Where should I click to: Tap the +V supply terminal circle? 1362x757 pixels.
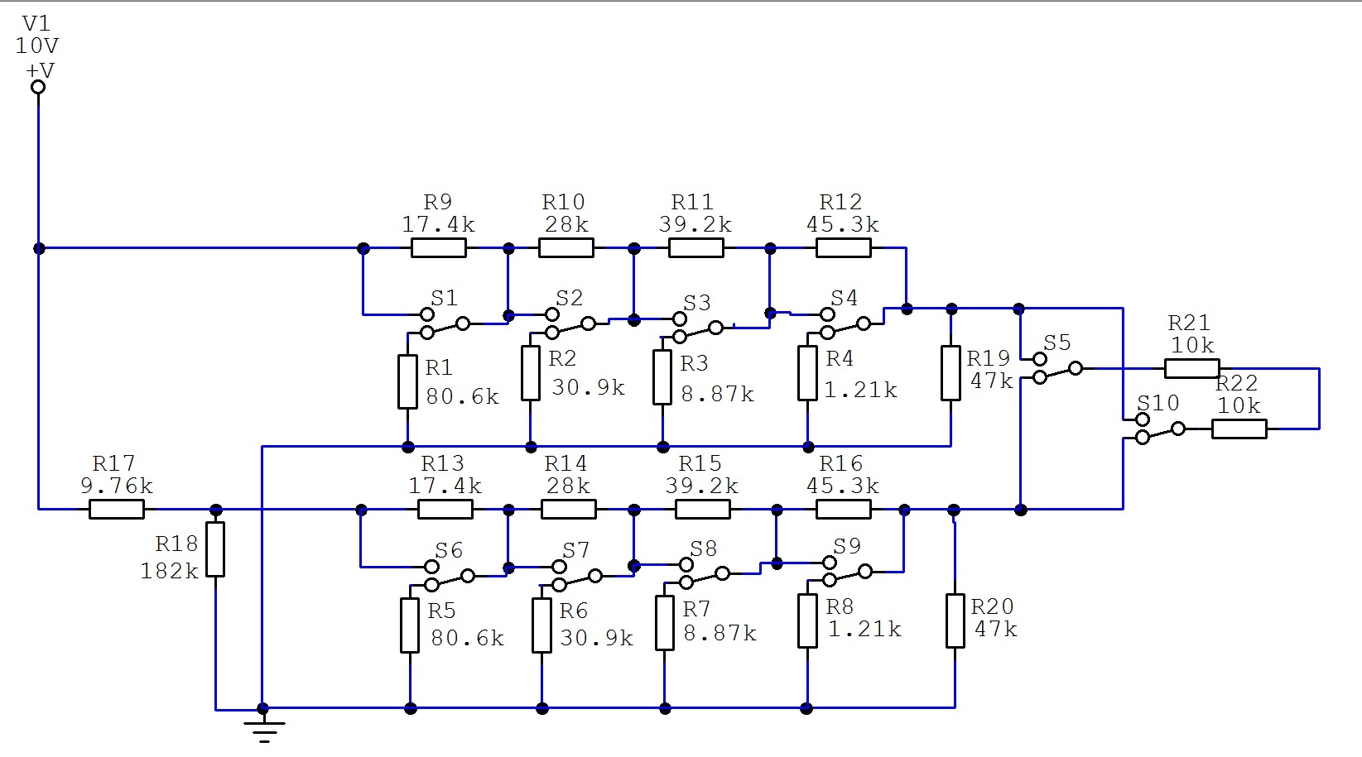click(38, 87)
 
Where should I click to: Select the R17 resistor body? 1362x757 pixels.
click(117, 509)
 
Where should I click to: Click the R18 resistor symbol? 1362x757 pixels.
click(215, 549)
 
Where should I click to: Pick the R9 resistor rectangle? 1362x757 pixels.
click(438, 248)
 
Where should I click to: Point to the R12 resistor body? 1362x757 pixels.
click(844, 248)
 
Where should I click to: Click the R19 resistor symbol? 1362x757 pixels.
click(951, 373)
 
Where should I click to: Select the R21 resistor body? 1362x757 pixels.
click(1192, 368)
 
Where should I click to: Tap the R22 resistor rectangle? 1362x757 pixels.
click(1239, 429)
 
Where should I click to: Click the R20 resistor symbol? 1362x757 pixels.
click(955, 621)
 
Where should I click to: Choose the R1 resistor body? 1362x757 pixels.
click(407, 381)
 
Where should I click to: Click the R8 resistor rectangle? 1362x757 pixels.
click(807, 621)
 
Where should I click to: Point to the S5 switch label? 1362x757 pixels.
click(1056, 343)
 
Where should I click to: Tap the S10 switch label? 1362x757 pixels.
click(1157, 403)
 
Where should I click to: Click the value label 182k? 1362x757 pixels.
click(170, 571)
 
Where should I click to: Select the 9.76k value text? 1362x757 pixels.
click(117, 486)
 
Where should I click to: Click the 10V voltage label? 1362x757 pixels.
click(37, 46)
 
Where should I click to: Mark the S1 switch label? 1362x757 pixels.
click(445, 299)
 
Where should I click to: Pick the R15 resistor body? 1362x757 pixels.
click(703, 509)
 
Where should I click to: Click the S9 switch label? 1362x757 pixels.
click(847, 546)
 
